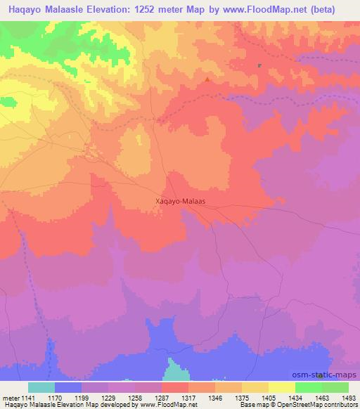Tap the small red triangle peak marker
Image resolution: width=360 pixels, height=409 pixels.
(x=207, y=79)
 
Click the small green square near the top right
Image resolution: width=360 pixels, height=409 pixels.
(x=259, y=66)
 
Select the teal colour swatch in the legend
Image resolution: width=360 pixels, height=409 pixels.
(x=41, y=387)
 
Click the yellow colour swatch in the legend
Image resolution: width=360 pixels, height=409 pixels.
(x=282, y=387)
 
